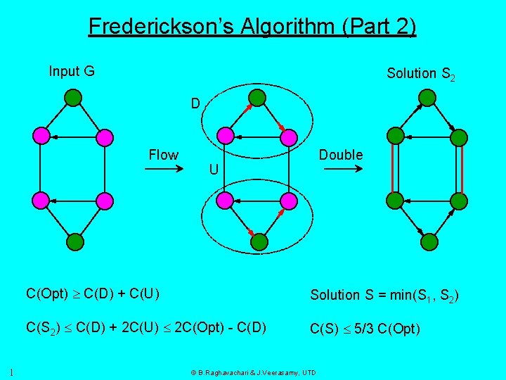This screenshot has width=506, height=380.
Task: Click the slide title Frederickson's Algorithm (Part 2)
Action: tap(252, 27)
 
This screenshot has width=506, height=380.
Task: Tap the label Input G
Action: tap(72, 71)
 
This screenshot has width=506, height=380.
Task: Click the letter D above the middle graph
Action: tap(196, 104)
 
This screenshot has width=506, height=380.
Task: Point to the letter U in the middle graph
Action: tap(213, 170)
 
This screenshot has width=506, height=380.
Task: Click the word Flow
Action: tap(163, 155)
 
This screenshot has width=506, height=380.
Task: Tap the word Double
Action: tap(341, 155)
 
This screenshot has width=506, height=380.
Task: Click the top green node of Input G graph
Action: tap(73, 96)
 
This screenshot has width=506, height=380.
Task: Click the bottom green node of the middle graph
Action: tap(259, 242)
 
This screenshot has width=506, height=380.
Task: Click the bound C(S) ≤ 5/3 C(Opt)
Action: tap(365, 328)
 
